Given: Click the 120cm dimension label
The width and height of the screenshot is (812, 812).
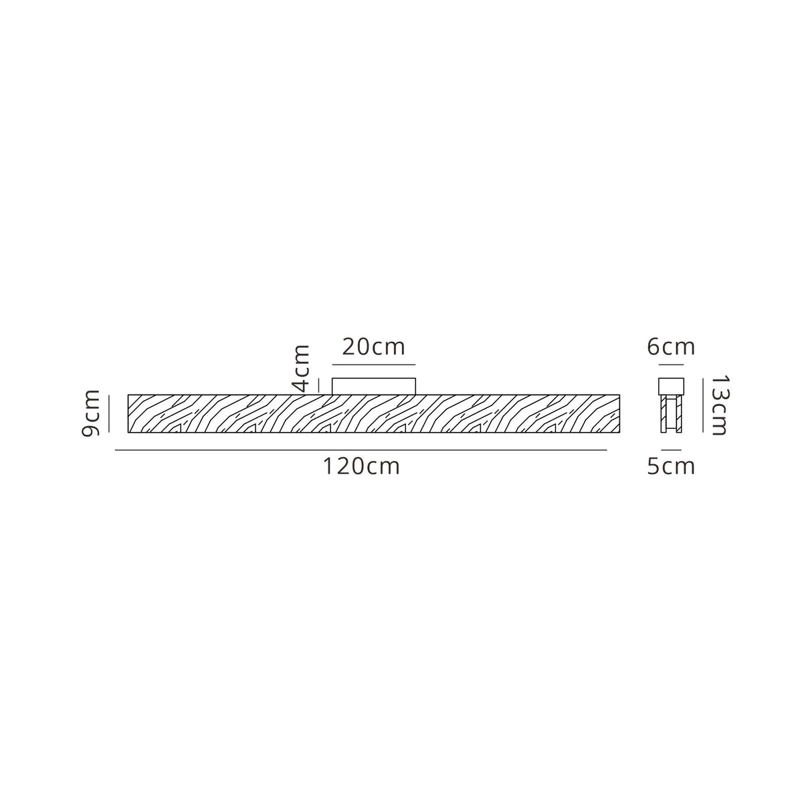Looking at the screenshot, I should tap(361, 466).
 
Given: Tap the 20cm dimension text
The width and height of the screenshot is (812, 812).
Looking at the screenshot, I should tap(373, 347).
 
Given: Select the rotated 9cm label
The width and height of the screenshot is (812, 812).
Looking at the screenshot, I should tap(91, 413).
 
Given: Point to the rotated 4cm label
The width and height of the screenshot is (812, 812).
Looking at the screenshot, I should tap(302, 368).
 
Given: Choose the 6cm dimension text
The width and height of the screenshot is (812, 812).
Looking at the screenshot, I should tap(671, 347).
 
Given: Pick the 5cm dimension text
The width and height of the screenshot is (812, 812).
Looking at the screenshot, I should tap(671, 466).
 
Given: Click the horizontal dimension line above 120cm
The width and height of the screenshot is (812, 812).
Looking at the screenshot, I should tap(361, 451).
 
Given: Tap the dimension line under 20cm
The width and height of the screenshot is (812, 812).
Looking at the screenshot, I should tap(374, 365).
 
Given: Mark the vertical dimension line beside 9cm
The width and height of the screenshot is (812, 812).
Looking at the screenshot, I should tap(109, 414).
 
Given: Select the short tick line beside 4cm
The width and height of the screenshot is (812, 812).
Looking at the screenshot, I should tap(320, 385).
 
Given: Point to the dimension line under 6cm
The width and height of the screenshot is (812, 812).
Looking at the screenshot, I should tap(671, 365).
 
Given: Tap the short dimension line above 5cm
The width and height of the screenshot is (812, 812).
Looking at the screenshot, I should tap(671, 450).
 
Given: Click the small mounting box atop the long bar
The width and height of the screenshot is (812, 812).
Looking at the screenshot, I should tap(374, 387).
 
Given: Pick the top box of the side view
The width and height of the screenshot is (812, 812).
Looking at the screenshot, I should tap(671, 387).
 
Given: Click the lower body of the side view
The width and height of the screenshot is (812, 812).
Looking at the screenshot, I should tap(671, 414).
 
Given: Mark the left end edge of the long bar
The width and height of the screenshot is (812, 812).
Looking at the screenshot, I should tap(128, 414).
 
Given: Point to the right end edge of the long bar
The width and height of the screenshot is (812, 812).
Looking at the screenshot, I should tap(619, 414).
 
